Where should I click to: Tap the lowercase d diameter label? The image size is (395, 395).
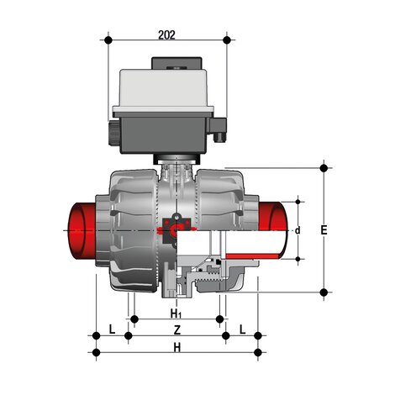tap(298, 229)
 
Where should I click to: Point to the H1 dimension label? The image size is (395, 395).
tap(175, 313)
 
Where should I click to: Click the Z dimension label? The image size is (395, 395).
tap(175, 329)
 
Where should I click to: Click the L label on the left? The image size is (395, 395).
tap(112, 329)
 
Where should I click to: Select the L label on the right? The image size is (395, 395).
tap(242, 329)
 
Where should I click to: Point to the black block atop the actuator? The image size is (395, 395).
tap(175, 62)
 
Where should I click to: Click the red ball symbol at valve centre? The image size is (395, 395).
tap(176, 227)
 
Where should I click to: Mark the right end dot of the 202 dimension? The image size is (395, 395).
tap(228, 39)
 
